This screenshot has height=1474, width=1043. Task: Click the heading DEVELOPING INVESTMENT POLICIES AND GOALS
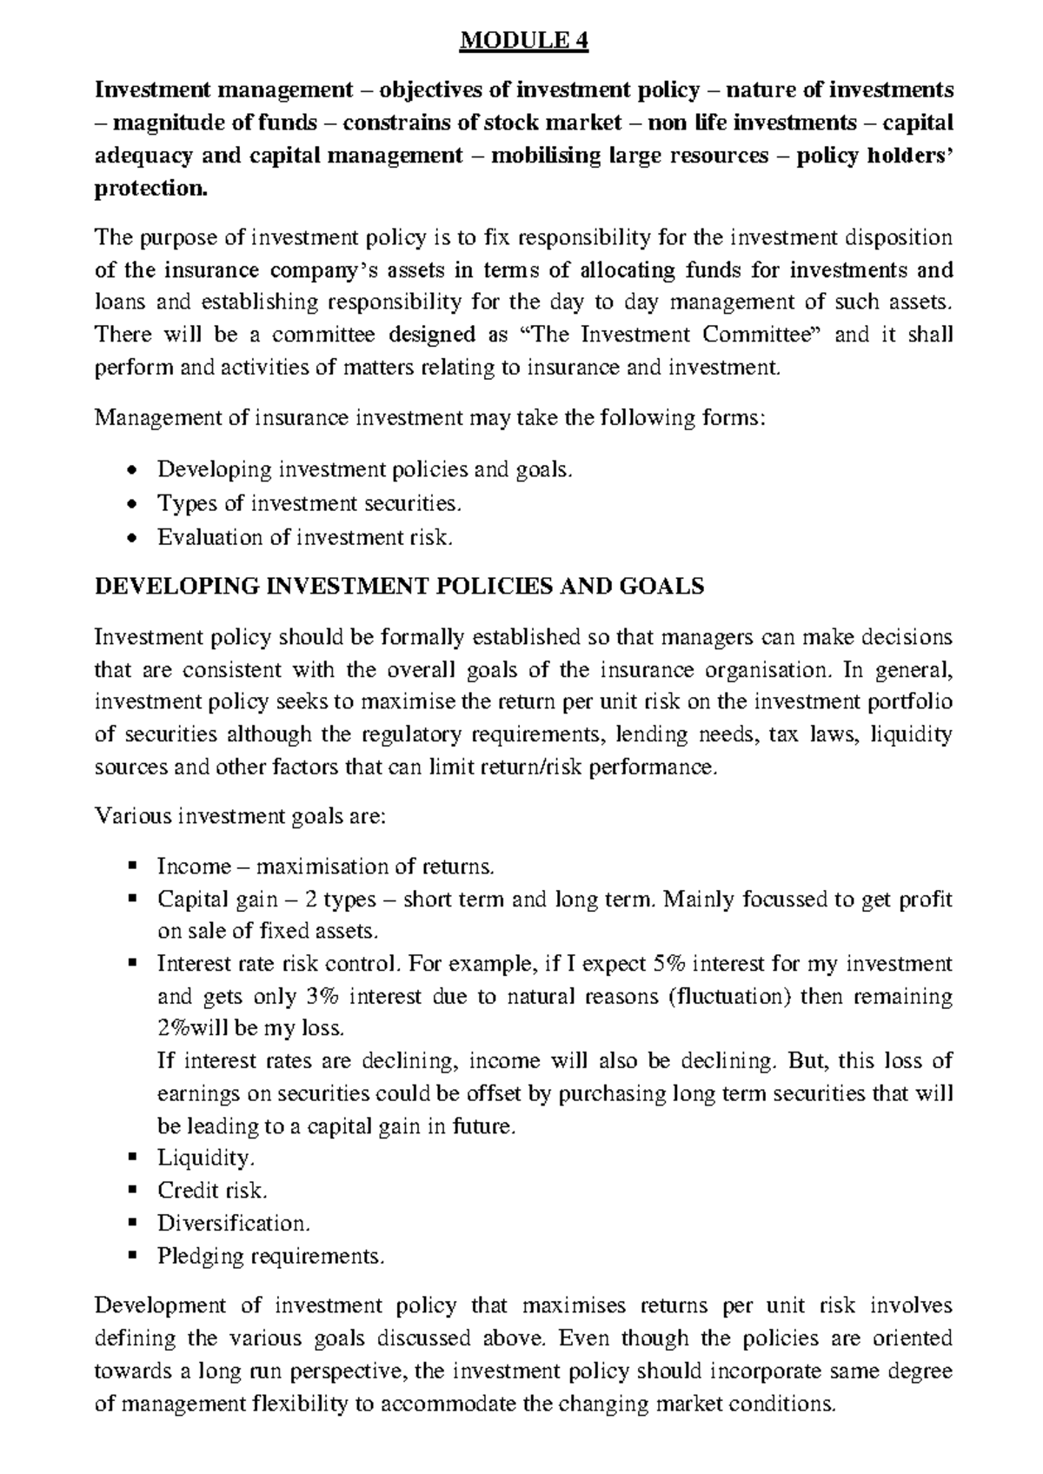pyautogui.click(x=398, y=587)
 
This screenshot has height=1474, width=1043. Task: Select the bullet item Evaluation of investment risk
pyautogui.click(x=305, y=537)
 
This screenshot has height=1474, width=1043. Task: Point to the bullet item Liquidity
pyautogui.click(x=206, y=1158)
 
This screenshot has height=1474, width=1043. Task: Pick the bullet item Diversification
pyautogui.click(x=233, y=1223)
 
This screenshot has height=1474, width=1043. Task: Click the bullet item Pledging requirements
pyautogui.click(x=270, y=1256)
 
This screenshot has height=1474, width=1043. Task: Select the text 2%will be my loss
pyautogui.click(x=251, y=1028)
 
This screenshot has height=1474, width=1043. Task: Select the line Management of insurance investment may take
pyautogui.click(x=430, y=418)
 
